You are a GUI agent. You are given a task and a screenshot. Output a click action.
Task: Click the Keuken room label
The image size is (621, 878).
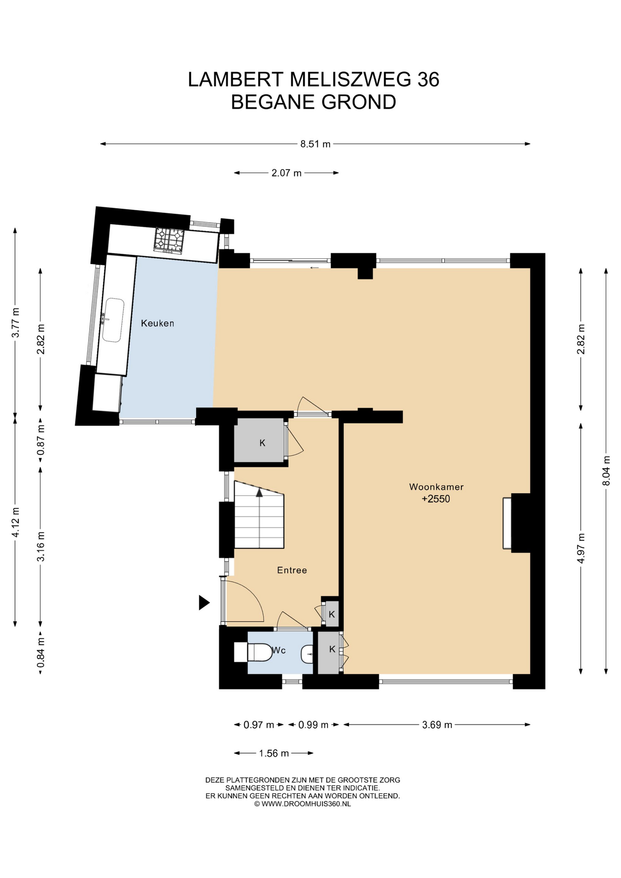(x=157, y=323)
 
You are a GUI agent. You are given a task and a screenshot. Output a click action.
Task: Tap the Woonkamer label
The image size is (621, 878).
(x=436, y=487)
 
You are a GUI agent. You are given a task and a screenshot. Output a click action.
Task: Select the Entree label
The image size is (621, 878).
(x=292, y=570)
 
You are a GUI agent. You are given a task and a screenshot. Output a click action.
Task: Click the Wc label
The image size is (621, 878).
(x=279, y=650)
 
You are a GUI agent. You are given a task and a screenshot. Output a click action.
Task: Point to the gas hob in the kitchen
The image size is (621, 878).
(x=169, y=241)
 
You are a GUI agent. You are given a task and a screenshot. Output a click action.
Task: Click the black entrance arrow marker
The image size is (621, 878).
(x=204, y=603)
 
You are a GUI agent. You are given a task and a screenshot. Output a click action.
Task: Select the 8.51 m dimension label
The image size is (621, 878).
(x=315, y=144)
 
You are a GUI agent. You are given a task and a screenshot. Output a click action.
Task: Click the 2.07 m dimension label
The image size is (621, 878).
(x=286, y=173)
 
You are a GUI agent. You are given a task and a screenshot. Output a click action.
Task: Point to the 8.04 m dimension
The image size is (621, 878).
(x=606, y=471)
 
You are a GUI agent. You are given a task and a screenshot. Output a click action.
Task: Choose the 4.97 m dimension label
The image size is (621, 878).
(x=581, y=548)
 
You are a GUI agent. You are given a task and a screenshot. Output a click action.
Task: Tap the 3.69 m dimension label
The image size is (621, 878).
(x=437, y=724)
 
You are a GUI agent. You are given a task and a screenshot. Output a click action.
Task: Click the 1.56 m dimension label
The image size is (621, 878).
(x=274, y=753)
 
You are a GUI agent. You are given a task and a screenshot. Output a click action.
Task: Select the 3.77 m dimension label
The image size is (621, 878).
(x=16, y=322)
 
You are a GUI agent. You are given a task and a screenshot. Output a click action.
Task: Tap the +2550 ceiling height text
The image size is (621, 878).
(x=436, y=499)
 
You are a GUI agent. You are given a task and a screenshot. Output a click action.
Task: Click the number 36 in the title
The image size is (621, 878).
(x=428, y=80)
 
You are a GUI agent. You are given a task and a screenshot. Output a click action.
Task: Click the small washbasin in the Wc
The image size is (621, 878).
(x=307, y=654)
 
